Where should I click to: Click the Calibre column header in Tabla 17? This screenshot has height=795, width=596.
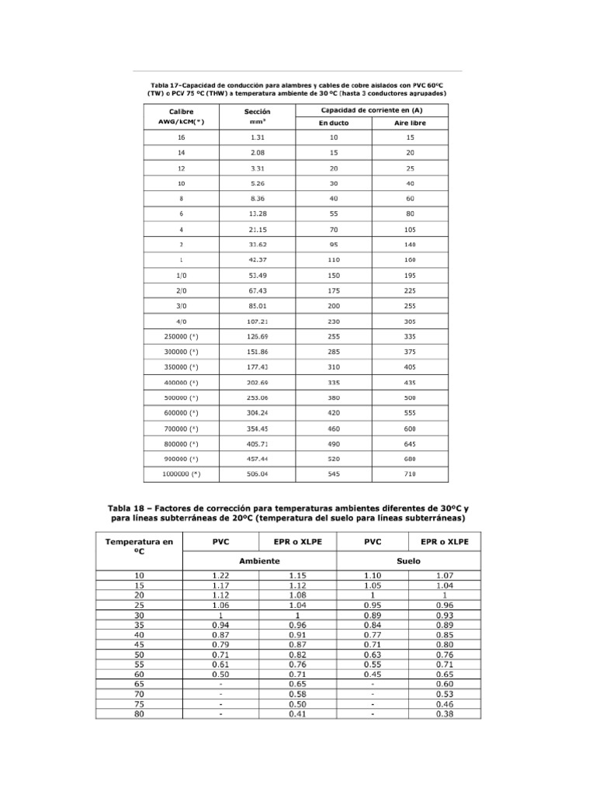point(181,112)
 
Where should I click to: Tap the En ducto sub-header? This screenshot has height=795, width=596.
point(334,123)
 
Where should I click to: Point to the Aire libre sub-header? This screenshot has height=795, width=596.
point(410,123)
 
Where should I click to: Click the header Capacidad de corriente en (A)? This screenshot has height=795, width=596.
point(372,110)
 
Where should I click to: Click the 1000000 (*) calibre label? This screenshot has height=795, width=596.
point(181,473)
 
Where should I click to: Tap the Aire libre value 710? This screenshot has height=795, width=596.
point(410,473)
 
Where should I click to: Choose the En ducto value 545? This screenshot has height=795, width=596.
point(334,473)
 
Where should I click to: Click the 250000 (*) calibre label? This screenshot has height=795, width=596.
point(181,336)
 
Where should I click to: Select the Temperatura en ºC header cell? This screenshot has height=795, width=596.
point(139,546)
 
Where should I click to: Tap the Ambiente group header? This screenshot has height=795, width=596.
point(258,560)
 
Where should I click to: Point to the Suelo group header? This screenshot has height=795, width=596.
point(410,560)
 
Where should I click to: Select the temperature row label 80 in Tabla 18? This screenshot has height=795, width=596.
point(139,714)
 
